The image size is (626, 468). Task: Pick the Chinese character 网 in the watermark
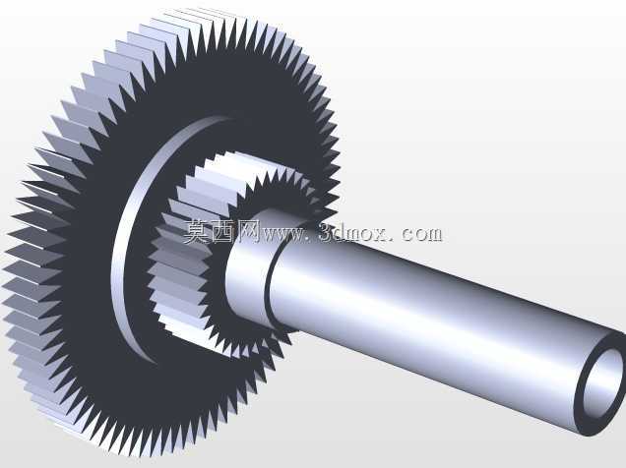[x=247, y=231]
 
